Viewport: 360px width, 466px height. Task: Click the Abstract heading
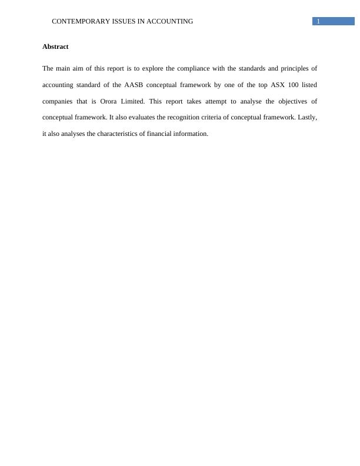coord(55,46)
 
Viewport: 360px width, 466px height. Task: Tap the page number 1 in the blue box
coord(318,21)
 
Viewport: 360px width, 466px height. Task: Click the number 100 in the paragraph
coord(294,85)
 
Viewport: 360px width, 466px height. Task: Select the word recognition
coord(186,117)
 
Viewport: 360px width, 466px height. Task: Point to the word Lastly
coord(307,117)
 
